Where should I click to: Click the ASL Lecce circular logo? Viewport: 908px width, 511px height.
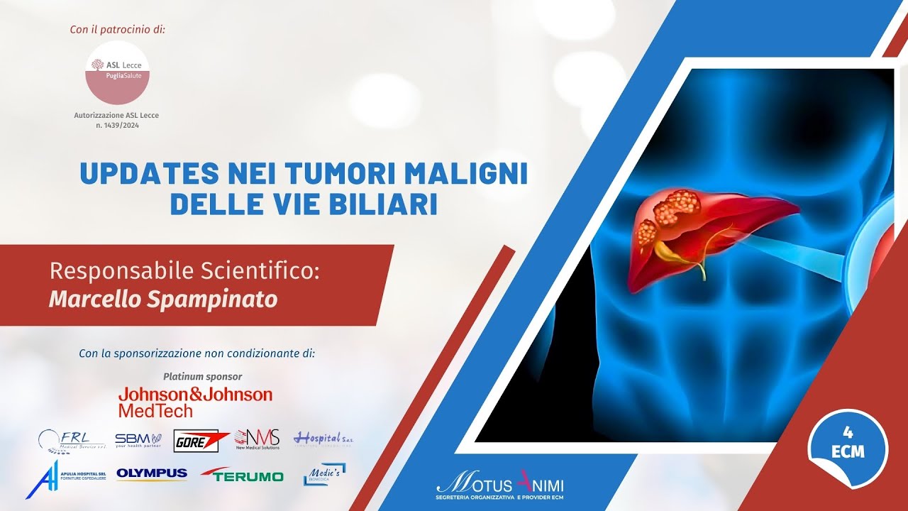118,72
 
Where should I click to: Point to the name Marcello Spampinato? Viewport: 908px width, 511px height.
162,299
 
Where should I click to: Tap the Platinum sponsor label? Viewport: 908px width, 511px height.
202,376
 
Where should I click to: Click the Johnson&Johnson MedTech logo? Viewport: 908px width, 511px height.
195,401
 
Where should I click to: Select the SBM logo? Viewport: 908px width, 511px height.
138,440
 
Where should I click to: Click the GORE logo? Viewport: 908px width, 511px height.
201,441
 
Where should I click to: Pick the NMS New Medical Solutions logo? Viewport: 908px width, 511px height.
257,439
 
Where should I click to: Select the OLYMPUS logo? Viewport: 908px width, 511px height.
152,474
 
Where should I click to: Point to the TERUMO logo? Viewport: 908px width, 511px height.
243,476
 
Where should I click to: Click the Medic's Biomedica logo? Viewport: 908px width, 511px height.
324,474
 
